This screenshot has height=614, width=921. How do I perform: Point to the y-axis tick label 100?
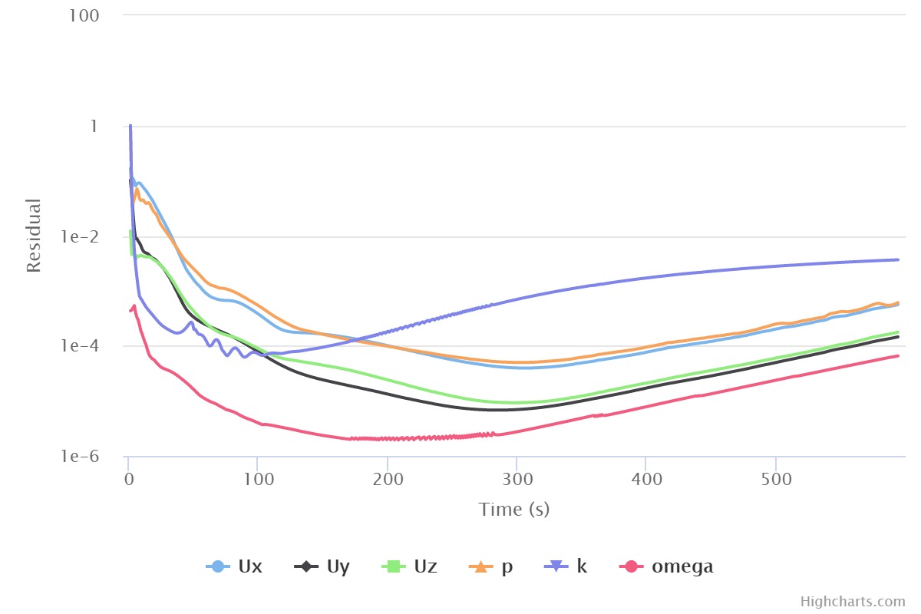click(x=87, y=16)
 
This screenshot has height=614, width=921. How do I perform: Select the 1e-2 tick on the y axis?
click(x=84, y=237)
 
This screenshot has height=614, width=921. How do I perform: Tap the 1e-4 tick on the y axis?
click(x=84, y=347)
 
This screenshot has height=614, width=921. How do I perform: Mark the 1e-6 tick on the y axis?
click(x=84, y=457)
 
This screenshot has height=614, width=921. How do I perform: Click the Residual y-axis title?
click(x=34, y=236)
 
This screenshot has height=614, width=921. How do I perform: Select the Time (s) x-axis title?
click(x=514, y=509)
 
